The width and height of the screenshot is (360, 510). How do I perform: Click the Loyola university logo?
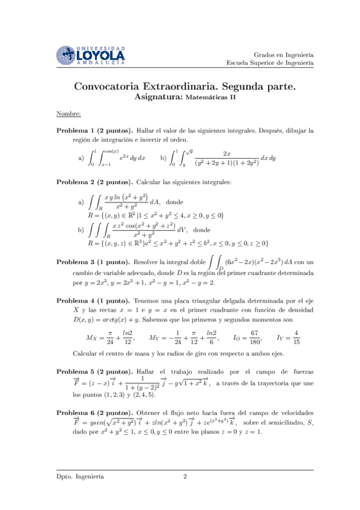click(90, 55)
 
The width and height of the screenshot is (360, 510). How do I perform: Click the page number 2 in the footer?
click(185, 478)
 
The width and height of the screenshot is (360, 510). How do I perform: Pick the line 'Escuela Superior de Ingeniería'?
click(270, 63)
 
